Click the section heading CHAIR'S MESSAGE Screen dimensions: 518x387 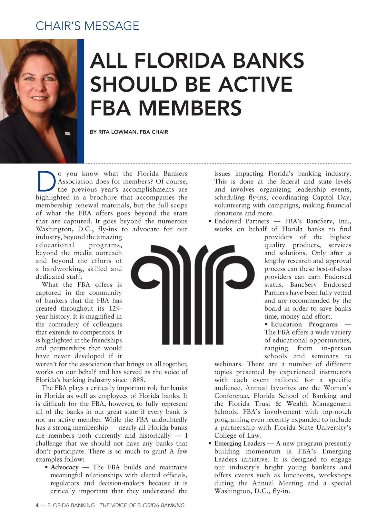point(87,26)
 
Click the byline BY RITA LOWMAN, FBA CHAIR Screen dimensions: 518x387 point(129,132)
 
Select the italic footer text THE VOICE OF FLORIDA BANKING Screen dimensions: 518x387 point(142,505)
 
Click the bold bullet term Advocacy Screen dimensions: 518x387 point(64,467)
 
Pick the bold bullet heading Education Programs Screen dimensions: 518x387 point(304,324)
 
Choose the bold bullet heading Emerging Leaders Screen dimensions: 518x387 point(240,443)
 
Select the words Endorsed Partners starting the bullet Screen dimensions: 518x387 point(242,221)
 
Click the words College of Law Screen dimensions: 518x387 point(238,435)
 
